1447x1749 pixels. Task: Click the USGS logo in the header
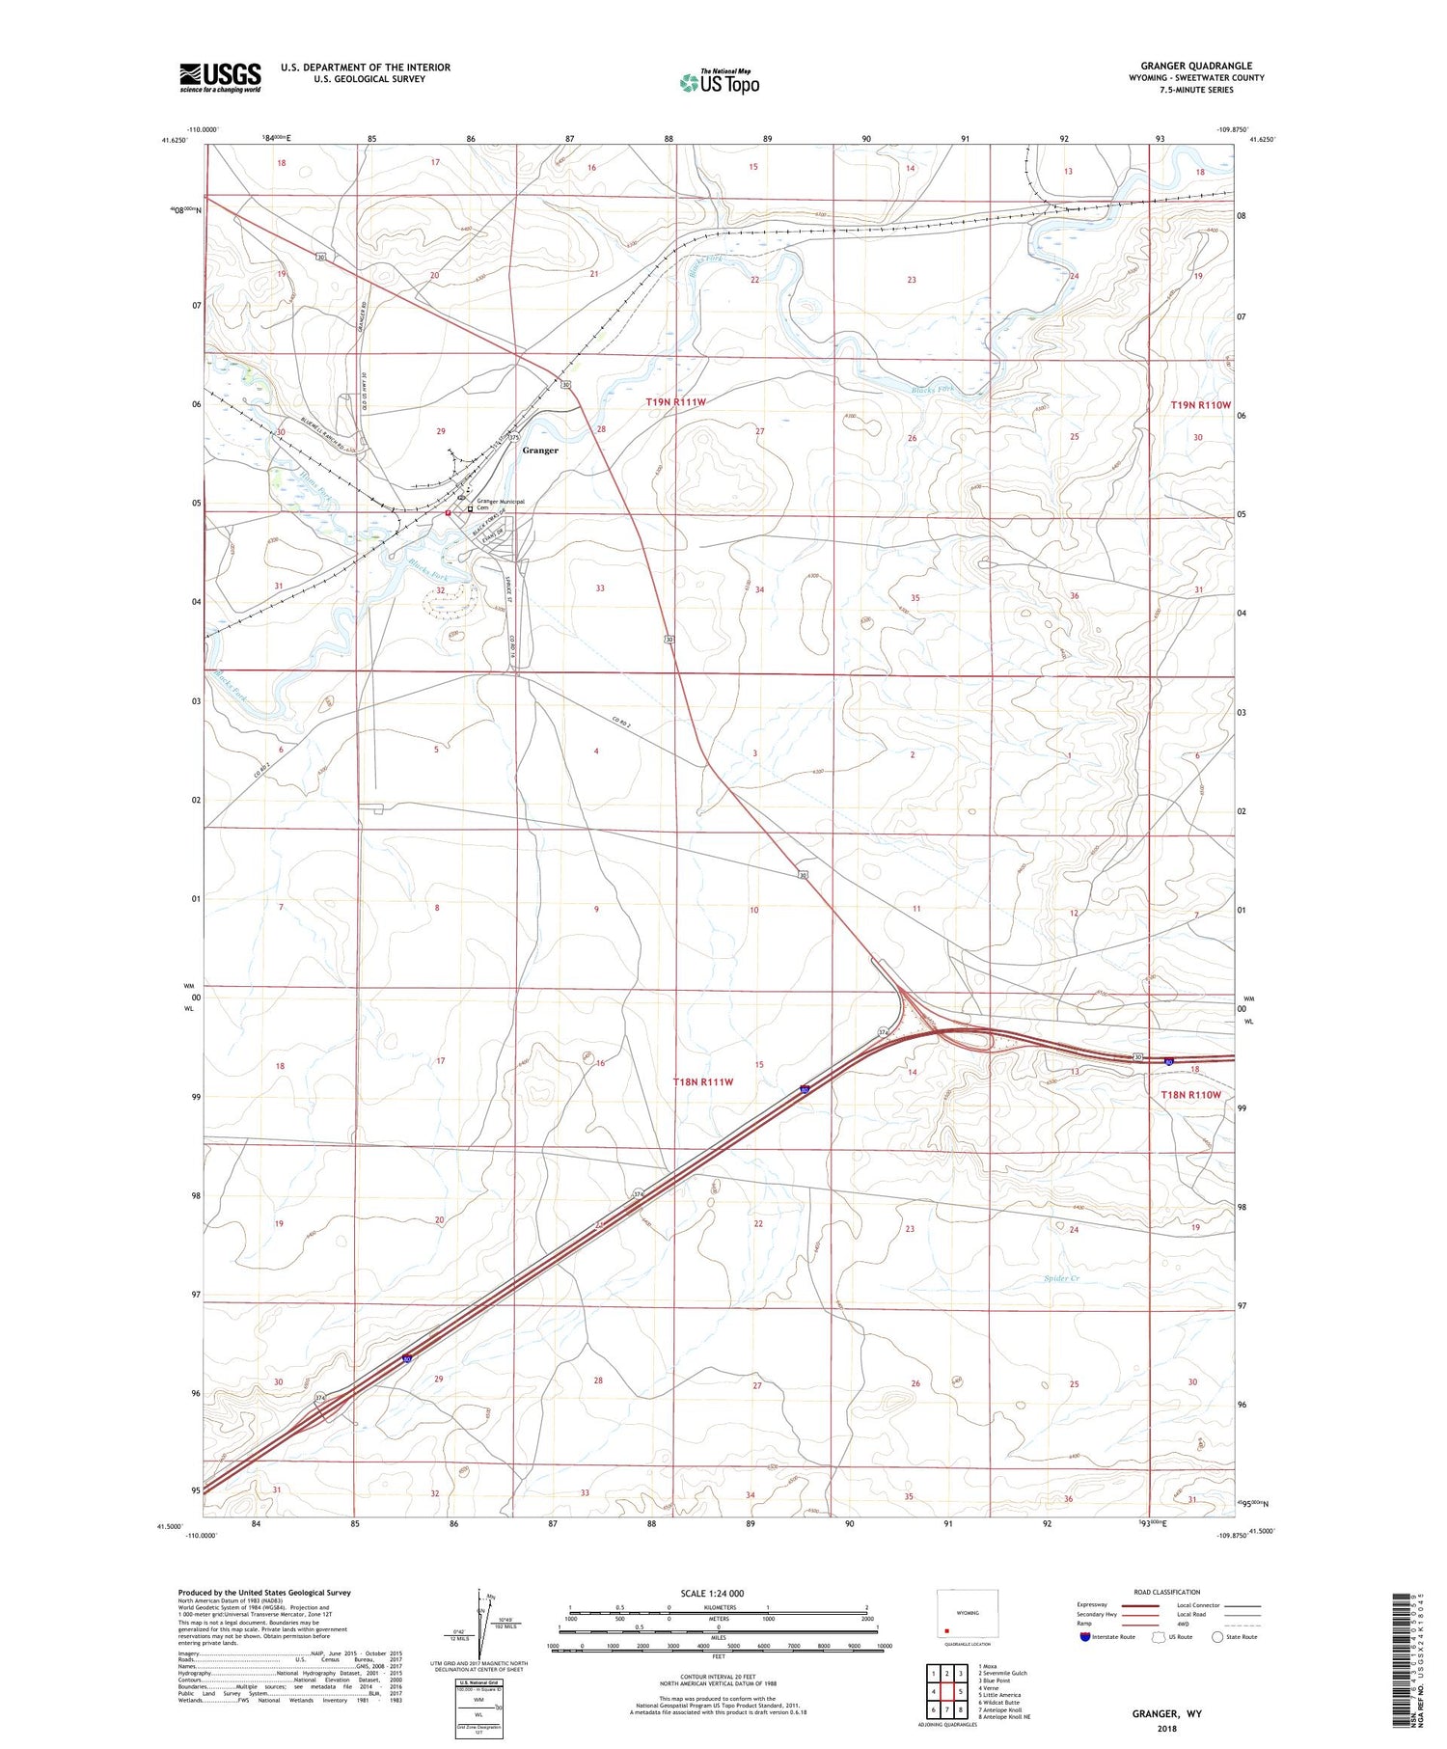click(x=220, y=77)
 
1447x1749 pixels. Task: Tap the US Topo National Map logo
click(x=720, y=82)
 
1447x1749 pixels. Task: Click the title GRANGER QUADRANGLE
click(x=1196, y=66)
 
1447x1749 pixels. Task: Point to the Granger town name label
click(x=540, y=451)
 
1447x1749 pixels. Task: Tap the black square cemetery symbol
click(x=471, y=509)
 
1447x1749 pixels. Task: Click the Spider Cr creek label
click(x=1060, y=1278)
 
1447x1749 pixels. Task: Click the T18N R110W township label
click(x=1190, y=1095)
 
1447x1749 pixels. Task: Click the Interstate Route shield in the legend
click(x=1085, y=1636)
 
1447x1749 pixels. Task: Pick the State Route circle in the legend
click(x=1217, y=1636)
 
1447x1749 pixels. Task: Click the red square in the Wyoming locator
click(x=947, y=1632)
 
